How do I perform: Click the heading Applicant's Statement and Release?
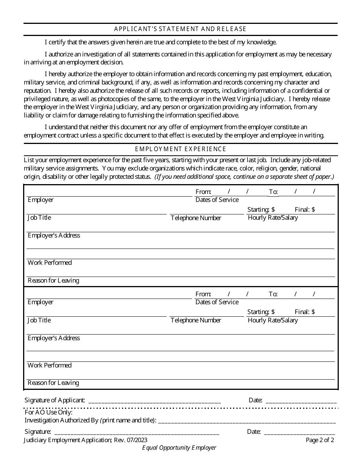tap(180, 29)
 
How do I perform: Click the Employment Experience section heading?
tap(180, 149)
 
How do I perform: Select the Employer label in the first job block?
tap(41, 200)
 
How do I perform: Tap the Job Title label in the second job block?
tap(39, 320)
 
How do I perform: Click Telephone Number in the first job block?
tap(196, 218)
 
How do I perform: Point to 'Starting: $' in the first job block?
tap(261, 210)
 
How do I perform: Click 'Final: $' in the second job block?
tap(305, 312)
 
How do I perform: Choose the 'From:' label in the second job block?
tap(203, 294)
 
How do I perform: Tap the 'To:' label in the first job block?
tap(273, 192)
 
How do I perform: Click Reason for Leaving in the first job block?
tap(53, 280)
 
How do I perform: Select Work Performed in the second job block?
tap(50, 365)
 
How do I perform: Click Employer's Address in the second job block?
tap(54, 338)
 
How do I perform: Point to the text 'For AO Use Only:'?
tap(49, 412)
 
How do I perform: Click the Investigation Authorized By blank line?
tap(246, 421)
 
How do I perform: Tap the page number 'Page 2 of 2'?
tap(320, 440)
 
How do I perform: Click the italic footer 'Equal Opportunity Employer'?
tap(179, 447)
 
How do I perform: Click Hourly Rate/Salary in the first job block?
tap(272, 217)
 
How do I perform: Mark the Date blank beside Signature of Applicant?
tap(301, 400)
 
